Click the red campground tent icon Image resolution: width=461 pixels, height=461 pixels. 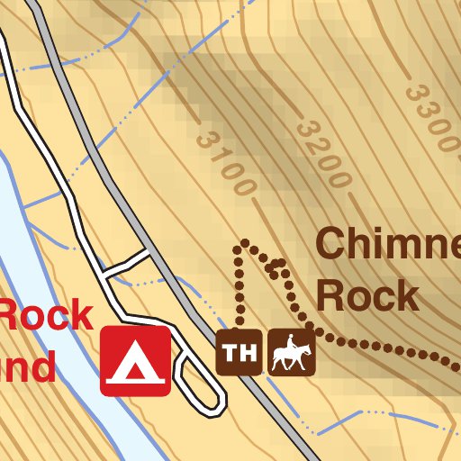(135, 361)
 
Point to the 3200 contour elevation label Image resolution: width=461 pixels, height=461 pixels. (321, 153)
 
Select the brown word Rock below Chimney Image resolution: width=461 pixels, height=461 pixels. (368, 295)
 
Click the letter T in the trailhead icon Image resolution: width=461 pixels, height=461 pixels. (230, 352)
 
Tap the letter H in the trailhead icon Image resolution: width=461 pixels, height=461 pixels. (246, 352)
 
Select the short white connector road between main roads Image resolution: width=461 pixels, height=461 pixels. (127, 263)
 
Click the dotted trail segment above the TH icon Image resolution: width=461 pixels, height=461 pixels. (240, 288)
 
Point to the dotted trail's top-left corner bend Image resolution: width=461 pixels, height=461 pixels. (240, 245)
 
